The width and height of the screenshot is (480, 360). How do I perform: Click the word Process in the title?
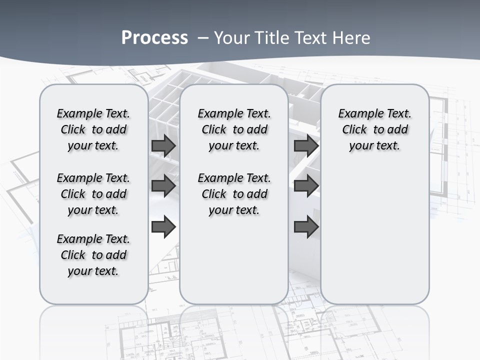pos(154,37)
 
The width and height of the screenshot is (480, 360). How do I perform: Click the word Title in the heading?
pos(270,37)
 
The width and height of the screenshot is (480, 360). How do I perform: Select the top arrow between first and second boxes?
pos(163,145)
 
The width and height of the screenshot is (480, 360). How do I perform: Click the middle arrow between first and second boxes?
pos(163,186)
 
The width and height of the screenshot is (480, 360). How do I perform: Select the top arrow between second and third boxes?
pos(306,145)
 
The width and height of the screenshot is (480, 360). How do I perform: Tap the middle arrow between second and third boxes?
pos(306,186)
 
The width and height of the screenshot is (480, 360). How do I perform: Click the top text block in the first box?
pos(93,129)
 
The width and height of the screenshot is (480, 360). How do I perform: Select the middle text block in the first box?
pos(93,194)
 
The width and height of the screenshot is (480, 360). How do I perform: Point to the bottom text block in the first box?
pos(93,255)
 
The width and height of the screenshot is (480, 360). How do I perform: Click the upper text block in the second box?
pos(234,129)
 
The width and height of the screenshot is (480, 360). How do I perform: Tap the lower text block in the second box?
pos(234,194)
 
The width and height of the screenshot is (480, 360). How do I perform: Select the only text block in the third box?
pos(375,129)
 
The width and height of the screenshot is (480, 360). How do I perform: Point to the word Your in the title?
pos(230,37)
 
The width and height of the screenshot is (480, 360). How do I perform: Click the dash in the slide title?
pos(203,37)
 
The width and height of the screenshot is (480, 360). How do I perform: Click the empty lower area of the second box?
pos(234,260)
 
